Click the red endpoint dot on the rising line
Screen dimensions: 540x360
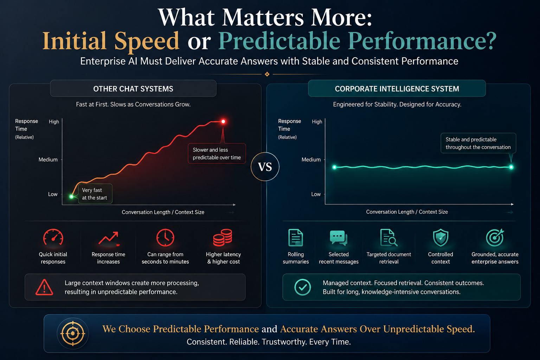click(x=223, y=121)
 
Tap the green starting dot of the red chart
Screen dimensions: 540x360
click(x=71, y=197)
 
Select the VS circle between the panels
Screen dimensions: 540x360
click(x=265, y=167)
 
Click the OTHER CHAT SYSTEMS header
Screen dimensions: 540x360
click(x=133, y=89)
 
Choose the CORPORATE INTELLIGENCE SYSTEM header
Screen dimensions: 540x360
click(x=397, y=89)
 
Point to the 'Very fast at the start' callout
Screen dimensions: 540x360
click(x=95, y=194)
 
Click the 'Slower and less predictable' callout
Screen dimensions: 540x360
click(x=217, y=153)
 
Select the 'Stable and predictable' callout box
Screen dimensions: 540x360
click(x=478, y=143)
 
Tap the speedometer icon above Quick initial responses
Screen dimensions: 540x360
click(x=53, y=238)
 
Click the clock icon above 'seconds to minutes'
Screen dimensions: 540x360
click(x=165, y=238)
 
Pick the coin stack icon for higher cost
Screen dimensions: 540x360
click(x=223, y=238)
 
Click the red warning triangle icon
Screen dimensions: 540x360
click(x=44, y=287)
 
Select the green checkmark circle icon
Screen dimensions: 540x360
click(x=303, y=287)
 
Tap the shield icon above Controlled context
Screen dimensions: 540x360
click(x=441, y=238)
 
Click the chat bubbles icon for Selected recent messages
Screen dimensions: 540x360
click(x=339, y=238)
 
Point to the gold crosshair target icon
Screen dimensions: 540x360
click(x=73, y=333)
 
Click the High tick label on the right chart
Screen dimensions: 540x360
click(x=317, y=122)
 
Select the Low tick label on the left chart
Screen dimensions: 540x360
click(x=53, y=194)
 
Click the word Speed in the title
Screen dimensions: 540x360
click(x=147, y=41)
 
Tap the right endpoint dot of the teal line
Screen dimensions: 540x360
click(x=511, y=167)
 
